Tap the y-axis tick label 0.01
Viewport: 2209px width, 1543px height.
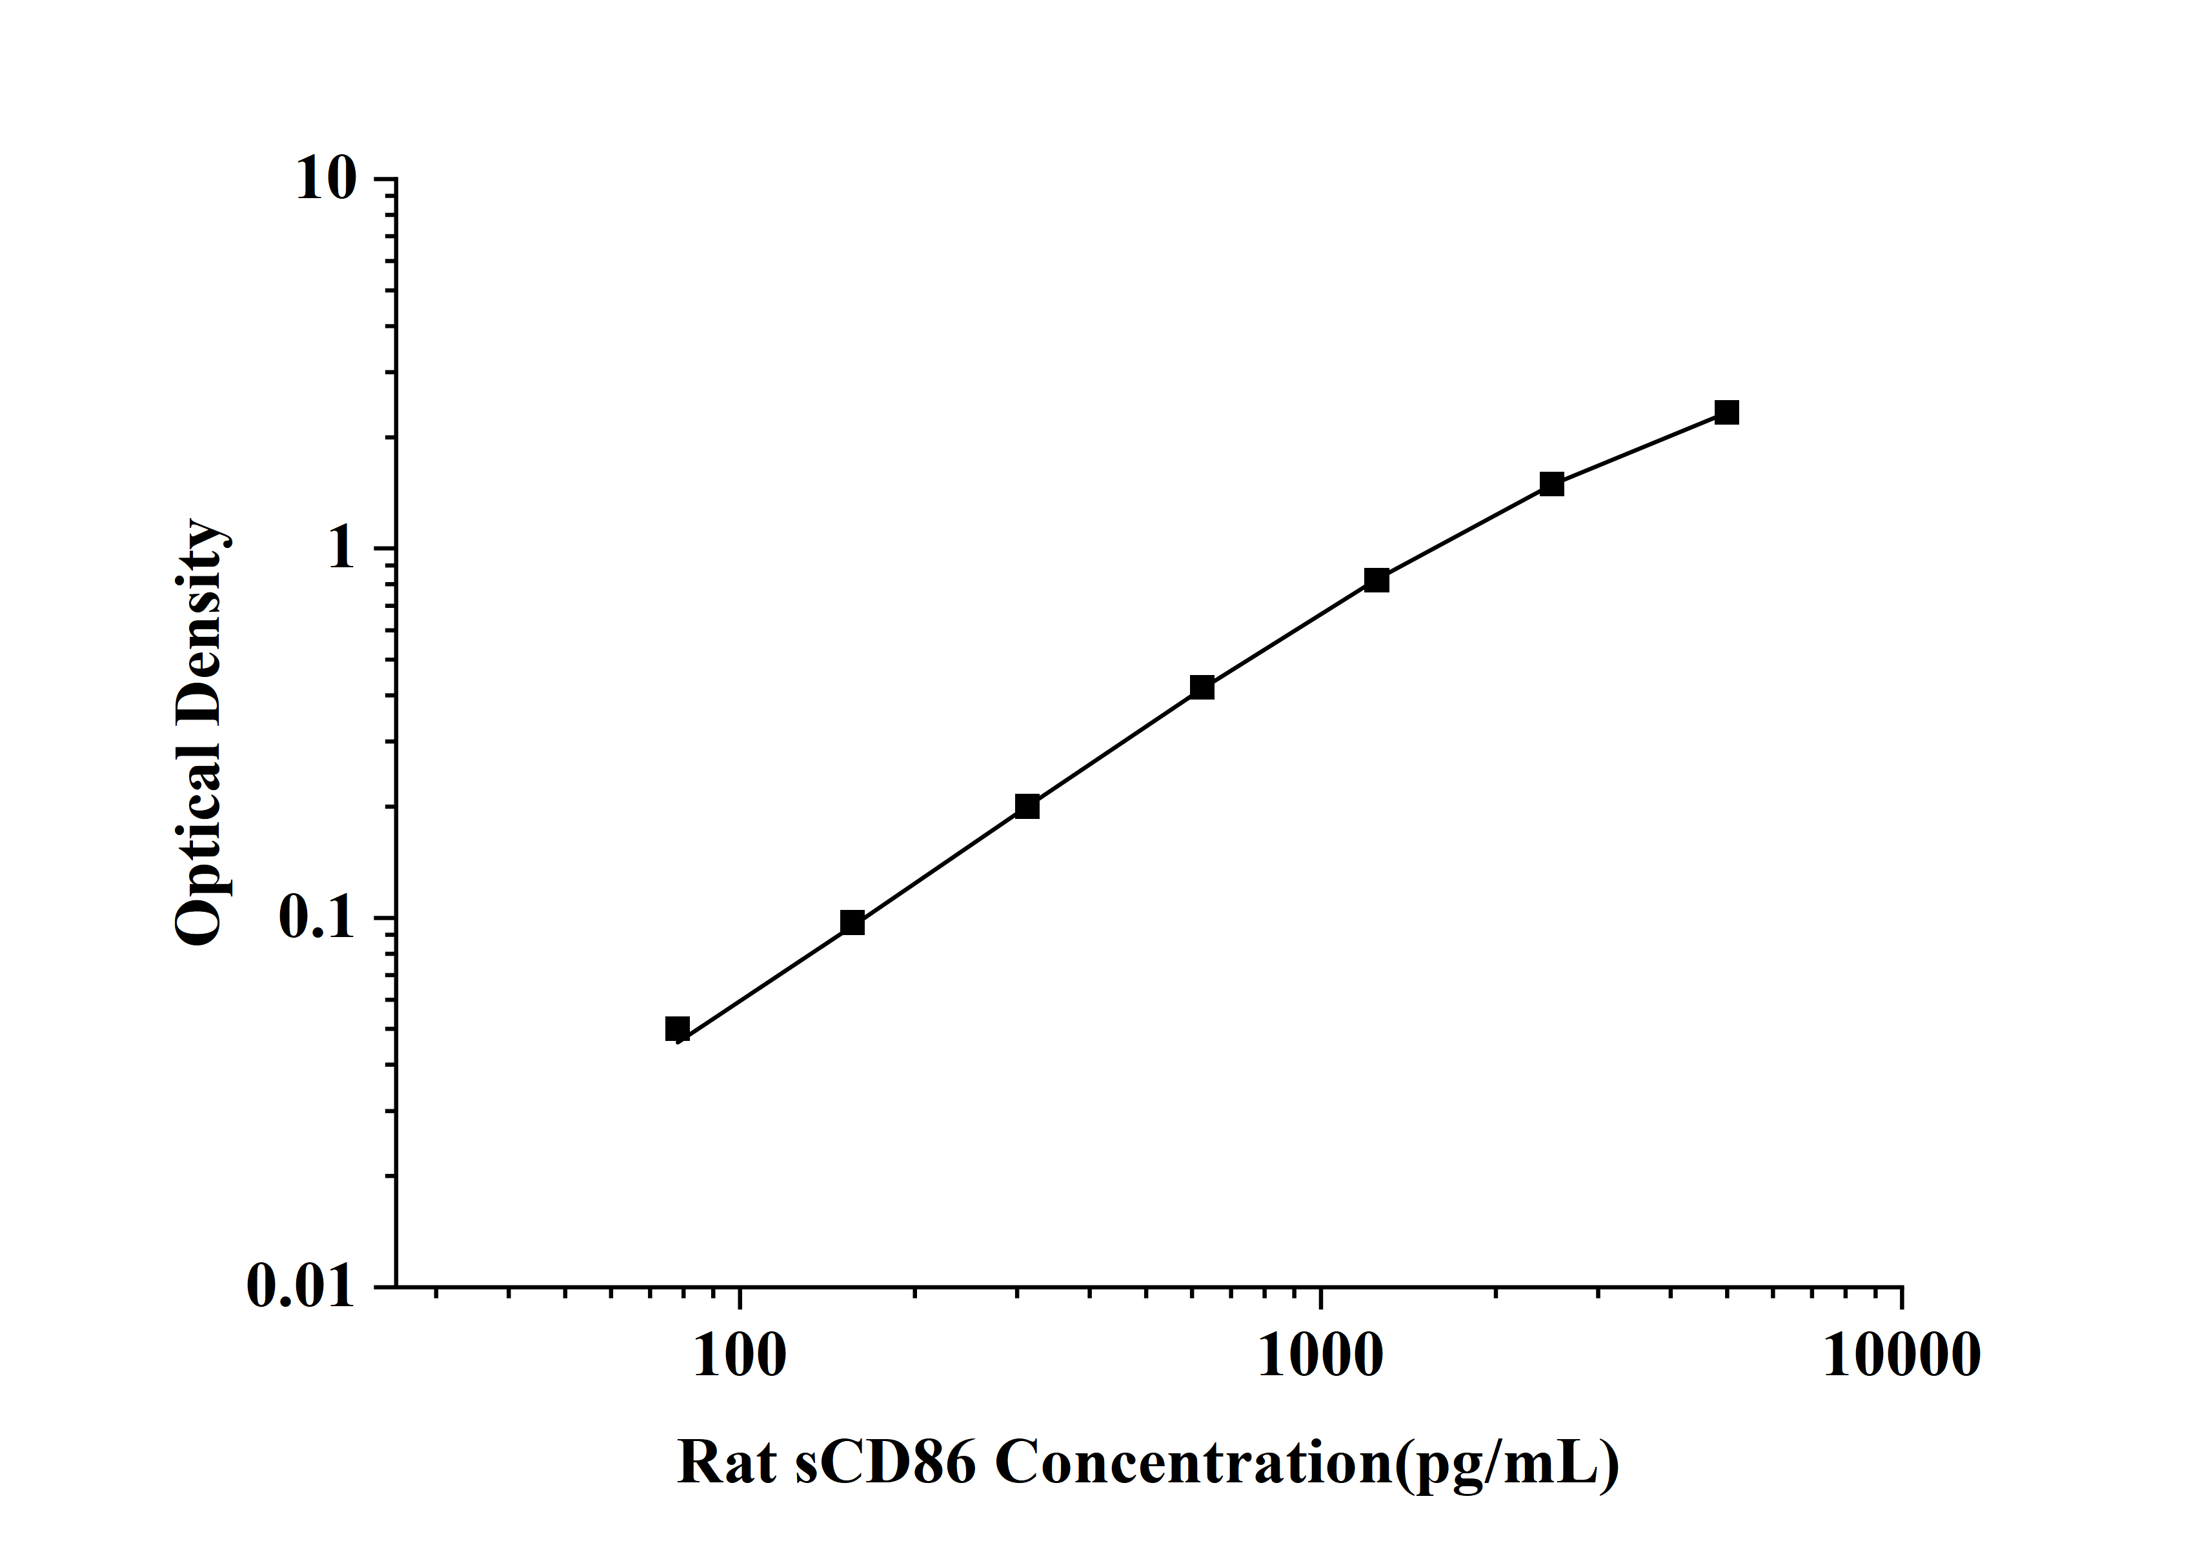click(300, 1287)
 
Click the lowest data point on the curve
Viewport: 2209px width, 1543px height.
click(678, 1029)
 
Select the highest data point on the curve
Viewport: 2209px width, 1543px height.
click(1727, 412)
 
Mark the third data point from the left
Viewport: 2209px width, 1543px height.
click(1027, 806)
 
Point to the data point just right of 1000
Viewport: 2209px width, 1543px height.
click(1377, 580)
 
